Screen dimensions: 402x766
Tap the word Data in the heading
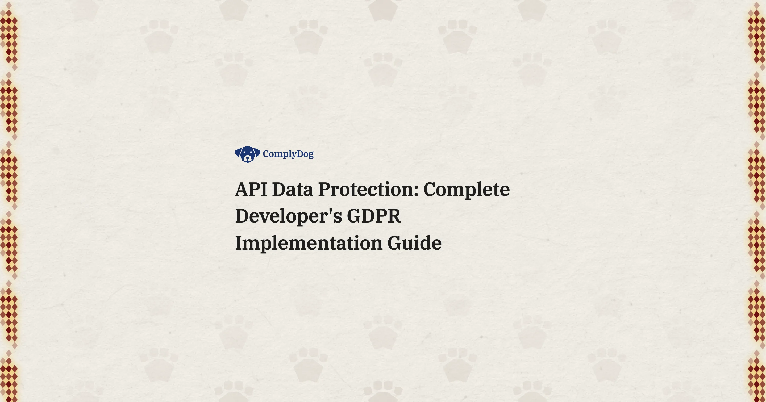click(292, 189)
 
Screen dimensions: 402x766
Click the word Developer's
click(288, 216)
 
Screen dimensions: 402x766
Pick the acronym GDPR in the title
click(374, 216)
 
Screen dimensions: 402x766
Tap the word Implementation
click(308, 243)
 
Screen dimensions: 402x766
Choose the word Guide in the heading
click(415, 243)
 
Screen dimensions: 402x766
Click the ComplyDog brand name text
click(288, 154)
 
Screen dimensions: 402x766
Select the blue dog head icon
click(247, 154)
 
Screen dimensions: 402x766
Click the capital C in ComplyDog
click(266, 154)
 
